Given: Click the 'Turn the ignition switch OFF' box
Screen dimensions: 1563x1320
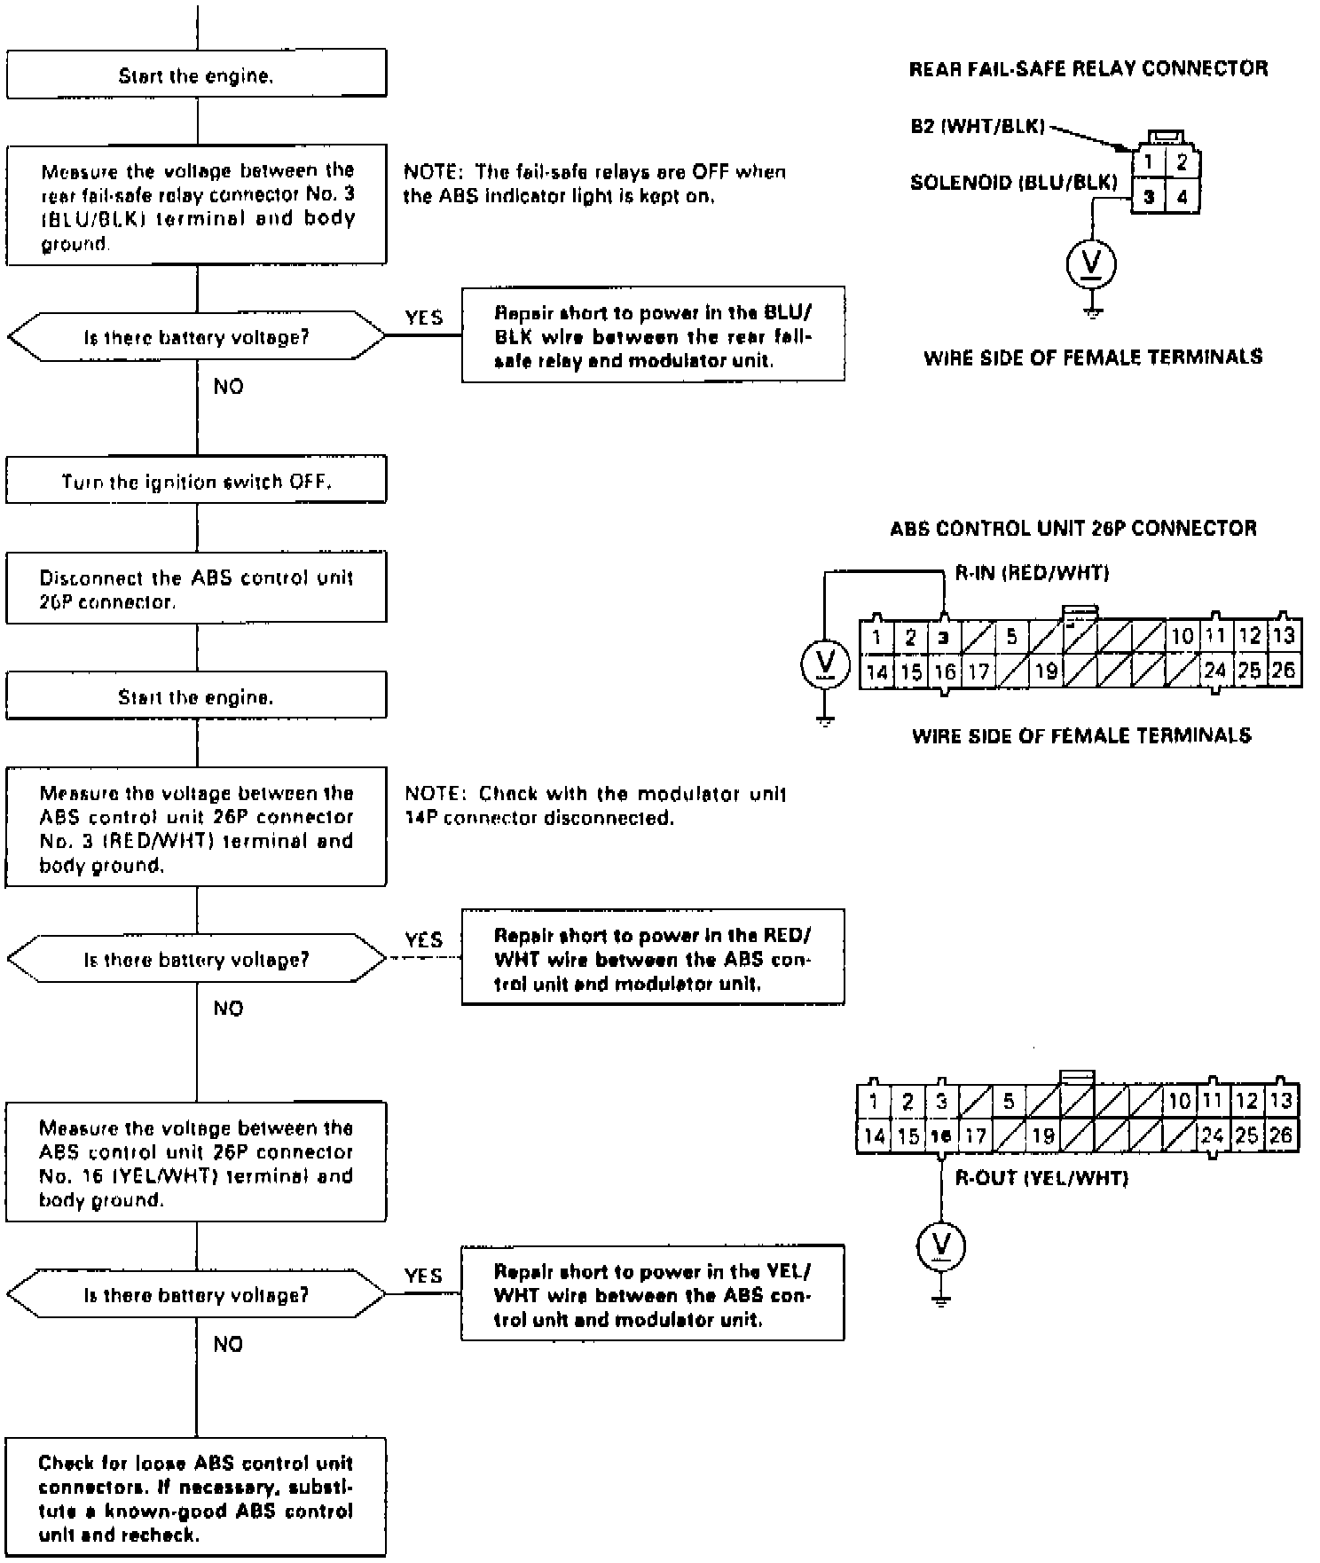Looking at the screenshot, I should pyautogui.click(x=196, y=481).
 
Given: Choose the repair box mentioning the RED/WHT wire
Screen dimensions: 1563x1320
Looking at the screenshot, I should pyautogui.click(x=653, y=959).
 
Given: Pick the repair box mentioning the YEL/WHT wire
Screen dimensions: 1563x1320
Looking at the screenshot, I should pyautogui.click(x=653, y=1294).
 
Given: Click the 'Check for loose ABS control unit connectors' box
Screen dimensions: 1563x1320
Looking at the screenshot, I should pyautogui.click(x=196, y=1498).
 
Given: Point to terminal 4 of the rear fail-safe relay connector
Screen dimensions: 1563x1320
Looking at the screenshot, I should pyautogui.click(x=1182, y=198).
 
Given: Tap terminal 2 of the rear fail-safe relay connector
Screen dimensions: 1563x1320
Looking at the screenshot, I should pyautogui.click(x=1182, y=163).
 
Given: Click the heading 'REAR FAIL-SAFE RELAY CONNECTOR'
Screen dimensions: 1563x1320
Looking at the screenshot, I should pyautogui.click(x=1088, y=69).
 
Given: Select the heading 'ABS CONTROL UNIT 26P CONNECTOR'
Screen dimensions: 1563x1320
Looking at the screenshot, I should pyautogui.click(x=1073, y=529).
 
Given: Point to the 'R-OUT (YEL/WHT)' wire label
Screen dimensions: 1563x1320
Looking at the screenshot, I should pyautogui.click(x=1041, y=1179).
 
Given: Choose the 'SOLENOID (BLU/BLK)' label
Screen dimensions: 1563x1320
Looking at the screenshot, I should pyautogui.click(x=1013, y=183).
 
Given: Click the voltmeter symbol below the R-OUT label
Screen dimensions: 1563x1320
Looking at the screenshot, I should pyautogui.click(x=941, y=1245).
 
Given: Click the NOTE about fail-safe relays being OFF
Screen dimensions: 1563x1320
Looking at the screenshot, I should pyautogui.click(x=594, y=184).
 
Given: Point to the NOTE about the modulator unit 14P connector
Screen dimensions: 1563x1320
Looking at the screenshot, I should pyautogui.click(x=594, y=805).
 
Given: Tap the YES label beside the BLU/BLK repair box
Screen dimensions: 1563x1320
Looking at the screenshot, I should pyautogui.click(x=424, y=318).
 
